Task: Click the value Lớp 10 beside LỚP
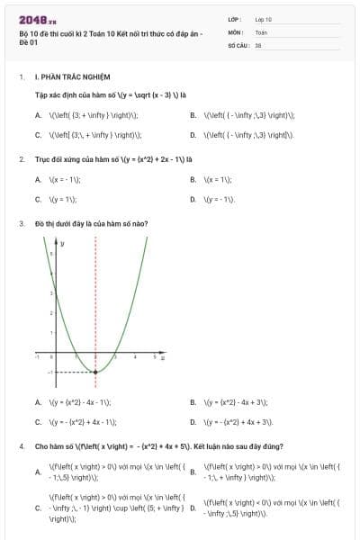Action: click(x=264, y=19)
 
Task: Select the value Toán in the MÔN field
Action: click(x=261, y=31)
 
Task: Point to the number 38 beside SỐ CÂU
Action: click(x=258, y=44)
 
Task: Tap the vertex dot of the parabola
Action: click(x=96, y=371)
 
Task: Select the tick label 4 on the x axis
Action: click(x=135, y=358)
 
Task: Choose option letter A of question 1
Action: click(x=38, y=115)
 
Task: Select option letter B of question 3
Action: click(x=193, y=402)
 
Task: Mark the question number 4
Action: click(x=21, y=445)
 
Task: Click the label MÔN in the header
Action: click(x=236, y=31)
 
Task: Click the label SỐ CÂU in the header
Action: click(x=238, y=44)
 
